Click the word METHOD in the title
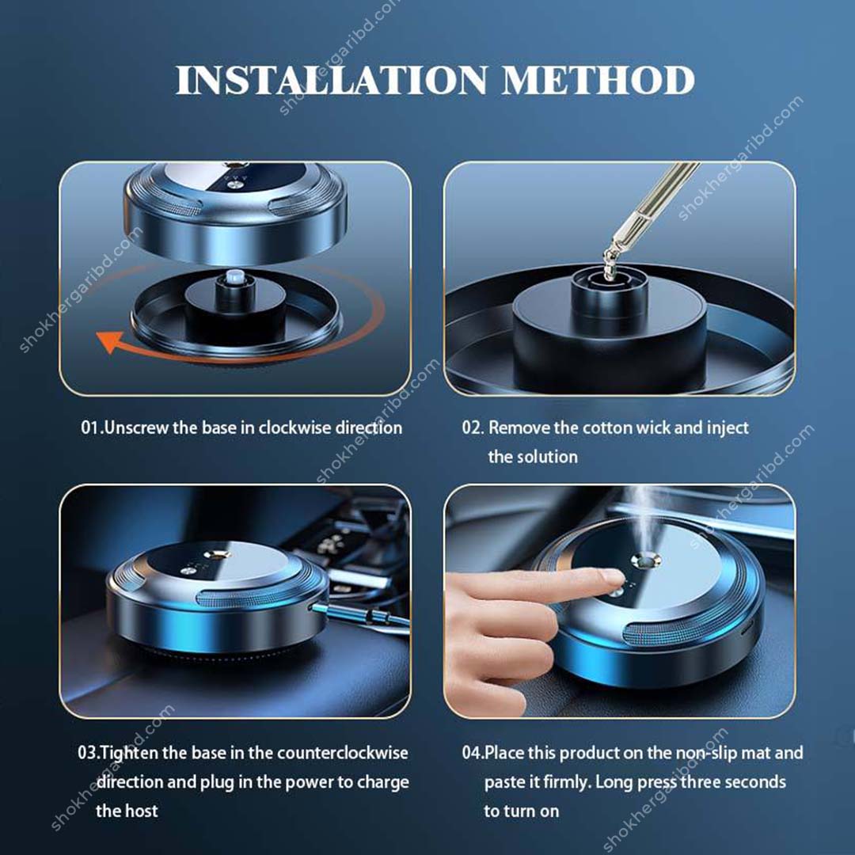[x=598, y=81]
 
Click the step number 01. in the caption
[x=92, y=428]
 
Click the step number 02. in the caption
[x=473, y=428]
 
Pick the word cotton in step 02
[x=607, y=428]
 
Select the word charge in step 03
[x=383, y=782]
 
